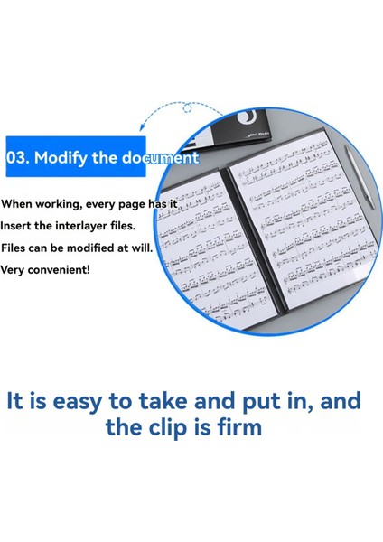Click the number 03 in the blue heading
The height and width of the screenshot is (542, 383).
(17, 156)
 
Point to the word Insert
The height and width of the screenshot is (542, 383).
(18, 226)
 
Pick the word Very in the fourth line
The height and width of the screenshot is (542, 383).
(14, 269)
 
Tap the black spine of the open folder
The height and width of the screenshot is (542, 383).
(229, 235)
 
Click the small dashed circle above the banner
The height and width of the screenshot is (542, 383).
(187, 108)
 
